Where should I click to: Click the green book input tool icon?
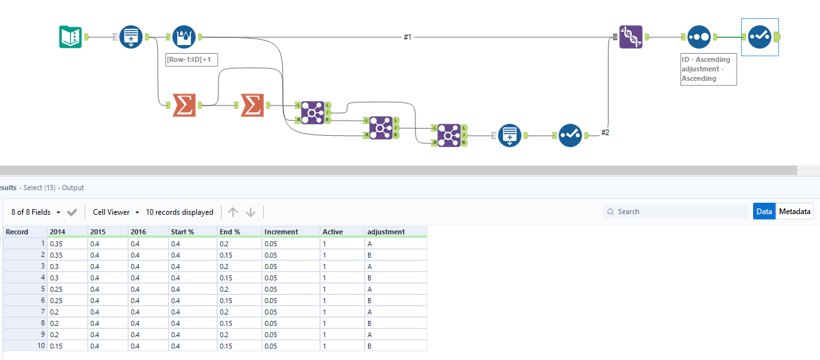tap(70, 37)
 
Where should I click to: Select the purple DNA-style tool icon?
tap(631, 37)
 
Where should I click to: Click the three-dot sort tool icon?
tap(699, 37)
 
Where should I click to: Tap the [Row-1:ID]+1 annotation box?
tap(191, 60)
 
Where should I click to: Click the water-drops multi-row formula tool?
tap(184, 37)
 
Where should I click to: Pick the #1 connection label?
tap(407, 37)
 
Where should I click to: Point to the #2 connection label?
tap(605, 132)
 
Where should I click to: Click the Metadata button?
tap(794, 212)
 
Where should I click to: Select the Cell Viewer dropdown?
tap(116, 212)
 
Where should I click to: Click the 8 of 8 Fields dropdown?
tap(35, 212)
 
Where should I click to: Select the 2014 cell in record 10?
tap(68, 346)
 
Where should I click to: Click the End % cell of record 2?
tap(239, 255)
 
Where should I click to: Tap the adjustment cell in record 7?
tap(396, 312)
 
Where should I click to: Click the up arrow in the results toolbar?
tap(233, 212)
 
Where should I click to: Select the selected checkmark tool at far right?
tap(759, 37)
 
